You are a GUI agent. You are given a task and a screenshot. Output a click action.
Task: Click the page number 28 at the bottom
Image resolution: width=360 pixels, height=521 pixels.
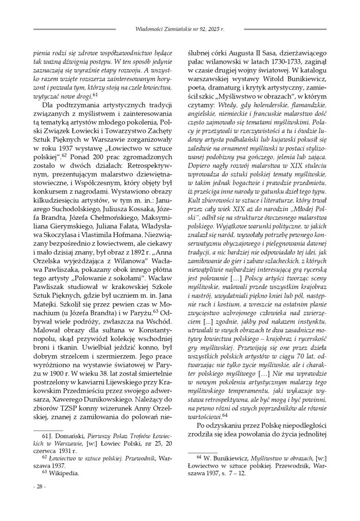pyautogui.click(x=39, y=487)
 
